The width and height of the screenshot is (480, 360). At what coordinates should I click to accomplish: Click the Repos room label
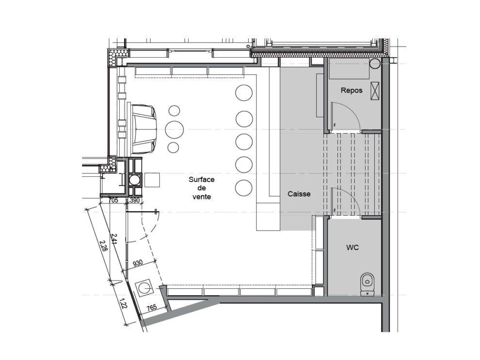352,91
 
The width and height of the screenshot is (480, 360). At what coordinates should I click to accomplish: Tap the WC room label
352,248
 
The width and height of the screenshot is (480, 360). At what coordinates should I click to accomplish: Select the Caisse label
299,194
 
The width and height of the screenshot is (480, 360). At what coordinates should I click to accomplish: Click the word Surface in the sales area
201,180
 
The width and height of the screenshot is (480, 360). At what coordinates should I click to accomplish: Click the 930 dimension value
138,263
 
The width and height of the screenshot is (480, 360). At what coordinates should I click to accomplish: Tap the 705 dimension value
113,200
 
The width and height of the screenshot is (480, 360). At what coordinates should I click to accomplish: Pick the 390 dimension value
135,200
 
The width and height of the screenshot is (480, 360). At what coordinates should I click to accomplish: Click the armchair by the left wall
143,129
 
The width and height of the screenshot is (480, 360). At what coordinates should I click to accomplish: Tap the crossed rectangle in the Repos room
375,91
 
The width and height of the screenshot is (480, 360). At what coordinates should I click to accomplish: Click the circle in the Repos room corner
375,63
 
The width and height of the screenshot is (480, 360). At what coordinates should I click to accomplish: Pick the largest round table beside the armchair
174,130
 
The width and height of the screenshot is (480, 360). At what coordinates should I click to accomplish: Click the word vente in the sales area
201,197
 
